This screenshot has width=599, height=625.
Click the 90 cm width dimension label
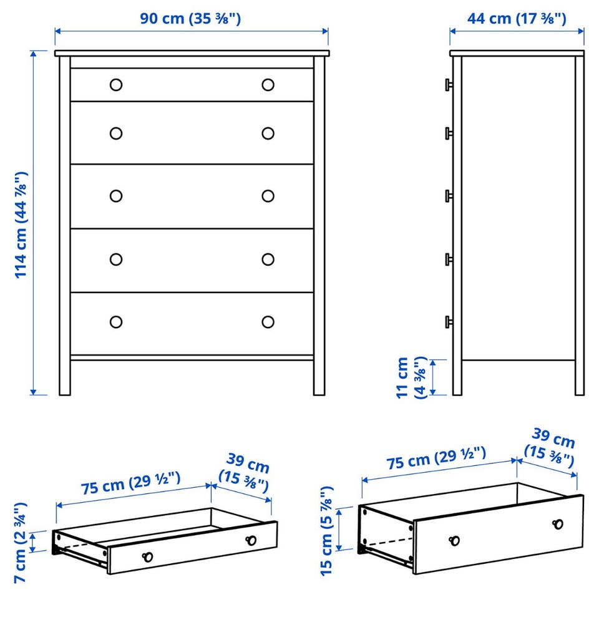pos(190,18)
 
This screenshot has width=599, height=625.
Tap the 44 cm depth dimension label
pos(517,18)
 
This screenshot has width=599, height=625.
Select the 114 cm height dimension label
pos(21,225)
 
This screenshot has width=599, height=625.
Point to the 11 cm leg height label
pos(411,377)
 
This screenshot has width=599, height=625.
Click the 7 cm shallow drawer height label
pos(21,543)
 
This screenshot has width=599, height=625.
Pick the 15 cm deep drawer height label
pos(326,531)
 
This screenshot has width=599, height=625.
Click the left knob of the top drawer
pos(116,85)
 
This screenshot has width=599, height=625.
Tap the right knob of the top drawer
pos(268,85)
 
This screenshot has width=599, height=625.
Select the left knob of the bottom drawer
pos(116,322)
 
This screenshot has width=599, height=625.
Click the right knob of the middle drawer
pos(268,196)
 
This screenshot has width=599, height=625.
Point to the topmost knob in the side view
pos(449,85)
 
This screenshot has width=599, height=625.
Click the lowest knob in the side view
pos(449,322)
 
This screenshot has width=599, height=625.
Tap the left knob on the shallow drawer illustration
pos(147,557)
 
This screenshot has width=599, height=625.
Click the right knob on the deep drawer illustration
pos(558,524)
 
